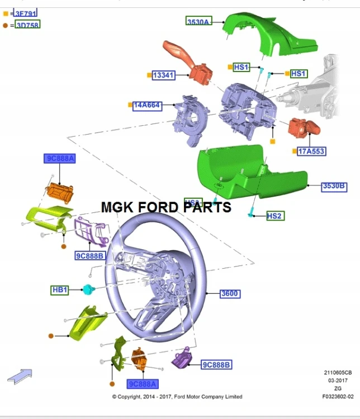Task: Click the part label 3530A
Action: click(198, 21)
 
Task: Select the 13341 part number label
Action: click(164, 75)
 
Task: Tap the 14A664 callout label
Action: click(147, 105)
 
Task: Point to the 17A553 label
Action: click(311, 151)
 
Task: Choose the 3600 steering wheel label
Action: click(230, 293)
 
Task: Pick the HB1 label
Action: click(60, 290)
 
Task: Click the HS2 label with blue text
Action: click(274, 216)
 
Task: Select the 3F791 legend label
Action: click(26, 12)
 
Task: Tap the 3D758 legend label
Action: click(27, 25)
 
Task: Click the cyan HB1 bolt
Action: click(88, 289)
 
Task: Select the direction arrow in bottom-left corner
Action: click(20, 375)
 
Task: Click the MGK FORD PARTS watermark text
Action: click(166, 207)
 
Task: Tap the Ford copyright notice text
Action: click(177, 397)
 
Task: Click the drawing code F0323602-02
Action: click(338, 397)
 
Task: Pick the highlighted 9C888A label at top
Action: click(60, 159)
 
